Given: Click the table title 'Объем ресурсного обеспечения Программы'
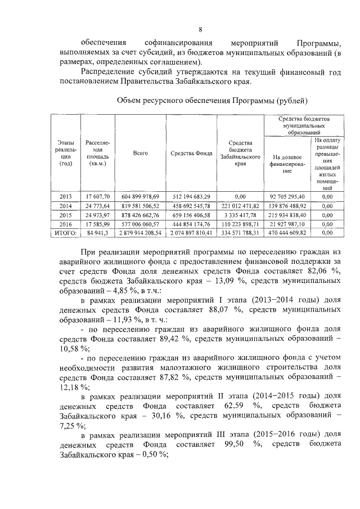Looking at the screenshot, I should pos(211,101).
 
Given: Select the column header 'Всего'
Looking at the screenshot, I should pos(140,153).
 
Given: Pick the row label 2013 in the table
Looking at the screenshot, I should pos(66,196).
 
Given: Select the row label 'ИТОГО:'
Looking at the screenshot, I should pos(66,232).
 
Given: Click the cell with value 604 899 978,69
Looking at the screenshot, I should pos(140,196).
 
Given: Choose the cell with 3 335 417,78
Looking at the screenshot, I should pos(243,214).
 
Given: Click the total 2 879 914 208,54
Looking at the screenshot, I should pos(140,232).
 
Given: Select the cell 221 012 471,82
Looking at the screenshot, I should pos(243,205).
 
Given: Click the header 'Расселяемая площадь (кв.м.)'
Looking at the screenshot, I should pos(97,153).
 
